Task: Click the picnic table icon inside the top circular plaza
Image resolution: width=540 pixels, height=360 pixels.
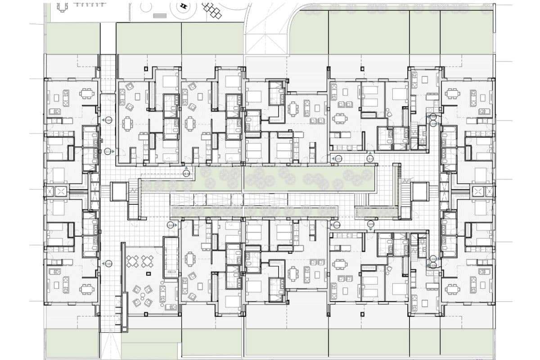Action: pos(183,6)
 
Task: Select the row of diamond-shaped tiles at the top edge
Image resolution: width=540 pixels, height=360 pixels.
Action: pos(212,9)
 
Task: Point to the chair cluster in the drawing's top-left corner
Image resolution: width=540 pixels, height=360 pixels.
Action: pos(62,7)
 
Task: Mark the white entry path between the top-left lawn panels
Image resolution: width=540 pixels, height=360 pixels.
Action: pos(108,38)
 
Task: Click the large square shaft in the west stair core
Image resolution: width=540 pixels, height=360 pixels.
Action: pos(119,192)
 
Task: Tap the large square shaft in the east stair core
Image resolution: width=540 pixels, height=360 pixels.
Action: pos(419,192)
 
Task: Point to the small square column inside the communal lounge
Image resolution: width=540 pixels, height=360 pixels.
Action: pos(147,273)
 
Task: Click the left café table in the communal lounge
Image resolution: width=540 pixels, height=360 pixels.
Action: pos(134,261)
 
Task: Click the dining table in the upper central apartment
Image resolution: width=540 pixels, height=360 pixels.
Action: pos(294,108)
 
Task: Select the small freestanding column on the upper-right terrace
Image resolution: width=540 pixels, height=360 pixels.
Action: pos(363,68)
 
